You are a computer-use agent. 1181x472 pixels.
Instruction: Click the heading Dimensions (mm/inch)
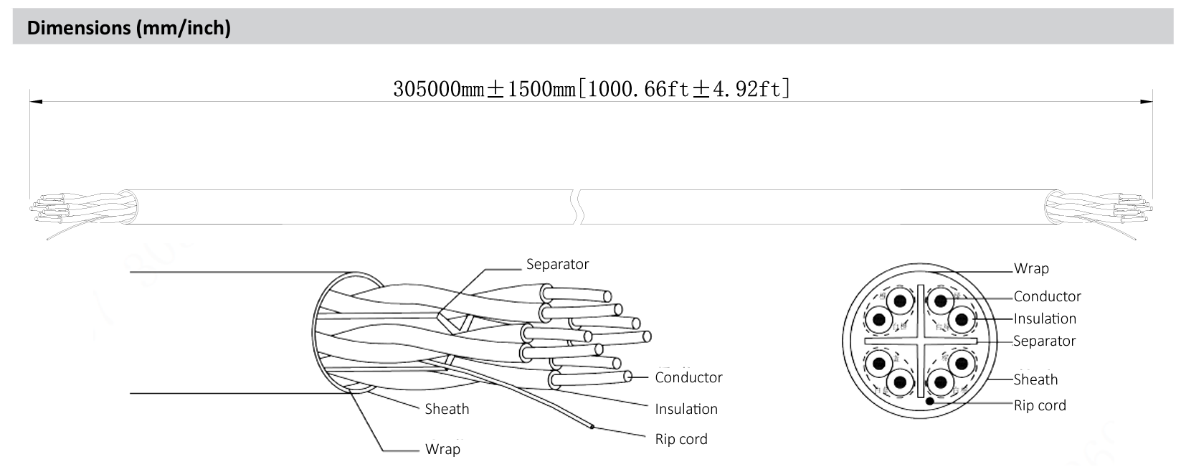tap(128, 28)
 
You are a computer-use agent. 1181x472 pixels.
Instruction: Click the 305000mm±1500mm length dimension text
tap(592, 89)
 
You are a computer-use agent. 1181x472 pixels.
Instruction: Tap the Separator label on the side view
tap(557, 264)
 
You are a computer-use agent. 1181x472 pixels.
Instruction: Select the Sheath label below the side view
tap(447, 409)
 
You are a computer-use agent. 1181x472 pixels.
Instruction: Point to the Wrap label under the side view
tap(442, 449)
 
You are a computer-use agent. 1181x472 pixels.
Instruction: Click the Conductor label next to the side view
tap(688, 377)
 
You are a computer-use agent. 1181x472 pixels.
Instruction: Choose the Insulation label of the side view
tap(686, 409)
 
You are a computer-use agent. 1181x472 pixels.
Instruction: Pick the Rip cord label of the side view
tap(680, 439)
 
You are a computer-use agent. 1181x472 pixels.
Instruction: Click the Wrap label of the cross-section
tap(1030, 269)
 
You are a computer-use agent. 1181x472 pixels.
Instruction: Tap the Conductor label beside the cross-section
tap(1047, 296)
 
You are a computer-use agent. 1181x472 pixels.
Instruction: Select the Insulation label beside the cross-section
tap(1045, 318)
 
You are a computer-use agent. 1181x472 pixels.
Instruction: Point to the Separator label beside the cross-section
tap(1044, 341)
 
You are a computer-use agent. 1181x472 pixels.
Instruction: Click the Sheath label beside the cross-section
tap(1035, 379)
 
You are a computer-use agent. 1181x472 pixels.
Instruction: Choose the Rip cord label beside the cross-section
tap(1040, 405)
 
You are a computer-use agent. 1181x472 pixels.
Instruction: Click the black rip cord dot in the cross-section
tap(930, 401)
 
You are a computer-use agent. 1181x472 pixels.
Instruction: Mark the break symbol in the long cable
tap(577, 207)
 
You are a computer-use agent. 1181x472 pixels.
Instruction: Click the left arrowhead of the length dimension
tap(34, 102)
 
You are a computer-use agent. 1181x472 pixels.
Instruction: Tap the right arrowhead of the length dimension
tap(1147, 102)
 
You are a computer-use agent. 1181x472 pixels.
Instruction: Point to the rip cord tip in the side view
tap(592, 428)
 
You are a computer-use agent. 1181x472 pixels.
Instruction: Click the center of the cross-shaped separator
tap(919, 341)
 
